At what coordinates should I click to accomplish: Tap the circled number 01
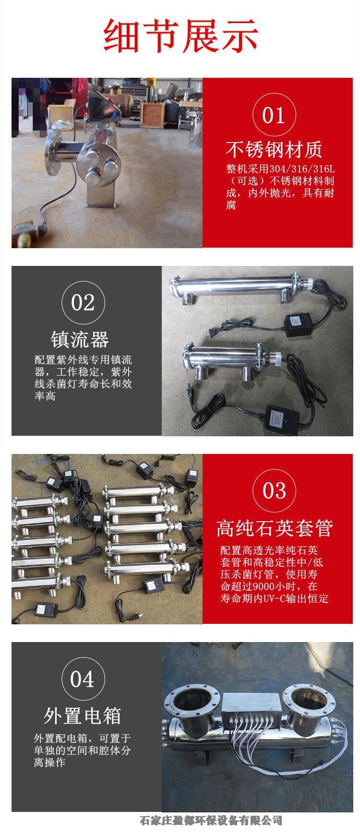pos(274,115)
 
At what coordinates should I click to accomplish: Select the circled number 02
pos(83,302)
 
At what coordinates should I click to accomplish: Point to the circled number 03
pos(274,490)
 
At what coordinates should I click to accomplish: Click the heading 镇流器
pos(80,340)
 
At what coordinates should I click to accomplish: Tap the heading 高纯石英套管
pos(274,528)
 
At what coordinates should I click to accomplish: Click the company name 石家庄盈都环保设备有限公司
pos(210,821)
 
